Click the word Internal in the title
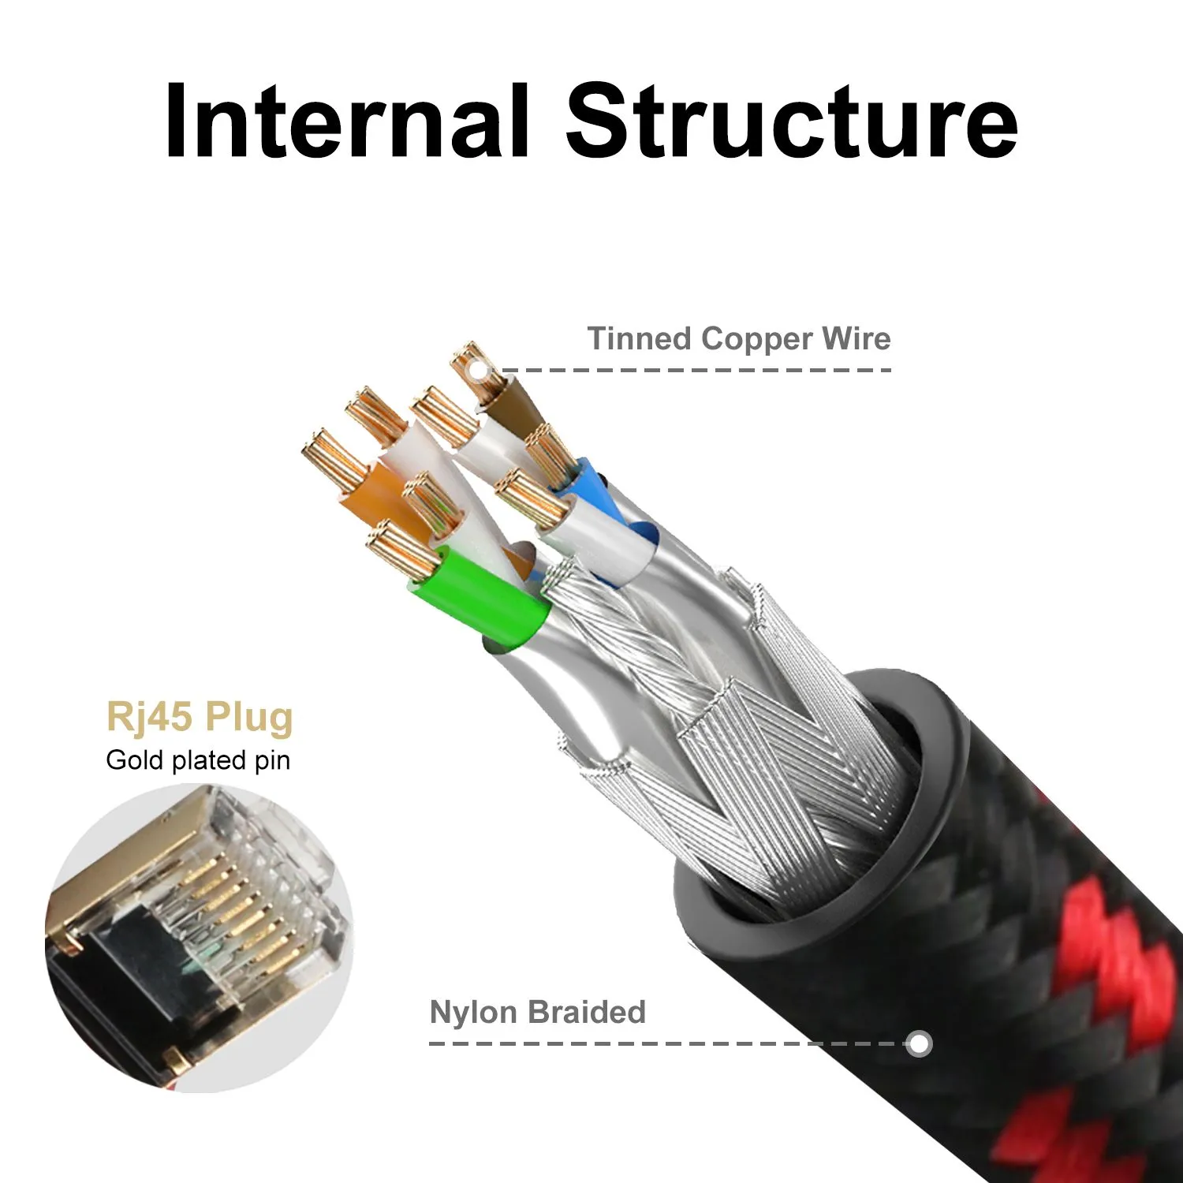[x=347, y=122]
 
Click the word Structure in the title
[x=792, y=122]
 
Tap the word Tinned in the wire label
[x=639, y=339]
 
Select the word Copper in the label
[x=756, y=339]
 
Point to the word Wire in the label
[x=856, y=339]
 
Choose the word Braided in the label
[x=587, y=1012]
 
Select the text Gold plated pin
[x=198, y=760]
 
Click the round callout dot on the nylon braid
[x=919, y=1043]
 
